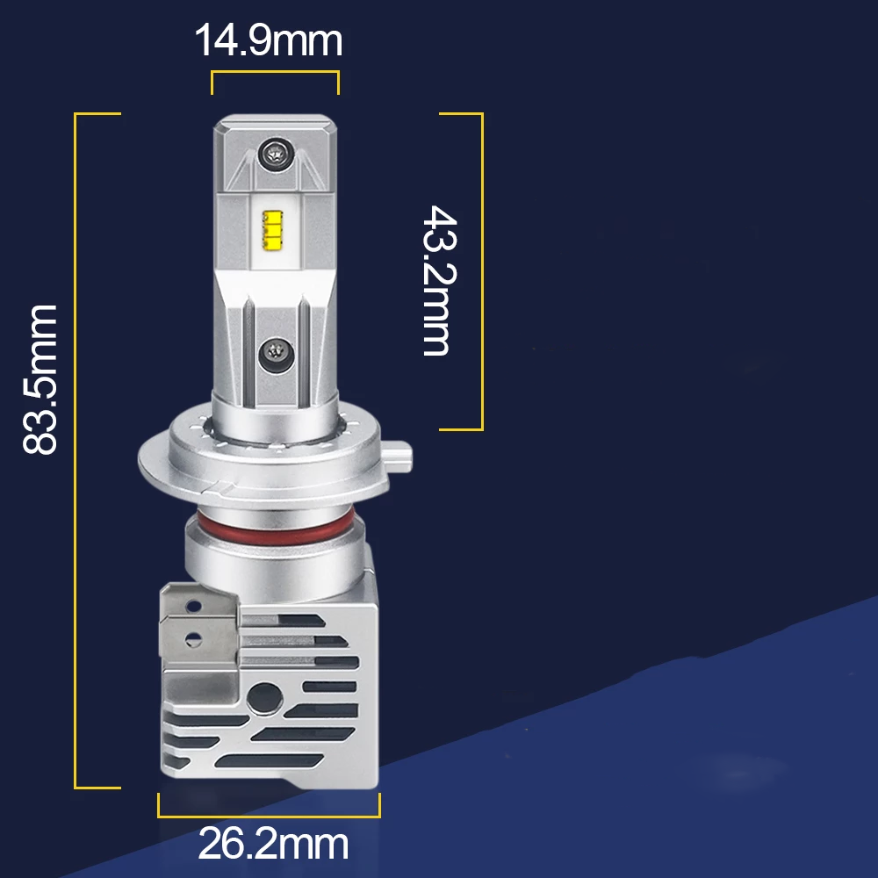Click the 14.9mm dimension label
268,40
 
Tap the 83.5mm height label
40,379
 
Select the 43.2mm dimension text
436,280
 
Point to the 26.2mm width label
273,845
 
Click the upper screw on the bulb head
275,154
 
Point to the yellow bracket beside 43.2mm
479,271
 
